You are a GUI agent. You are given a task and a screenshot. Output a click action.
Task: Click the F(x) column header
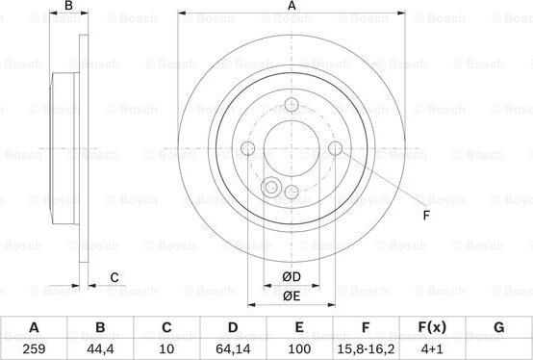(432, 327)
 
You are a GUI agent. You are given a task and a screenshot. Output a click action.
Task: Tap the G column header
(498, 327)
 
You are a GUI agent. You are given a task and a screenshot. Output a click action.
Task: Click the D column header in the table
(233, 327)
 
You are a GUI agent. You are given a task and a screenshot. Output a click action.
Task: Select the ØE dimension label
(292, 296)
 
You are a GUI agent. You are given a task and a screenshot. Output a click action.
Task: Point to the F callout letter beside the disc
(426, 215)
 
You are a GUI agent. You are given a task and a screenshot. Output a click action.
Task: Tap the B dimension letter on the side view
(67, 7)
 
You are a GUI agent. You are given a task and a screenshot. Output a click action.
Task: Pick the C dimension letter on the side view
(114, 278)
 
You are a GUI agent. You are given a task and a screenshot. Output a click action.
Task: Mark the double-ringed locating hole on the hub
(271, 189)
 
